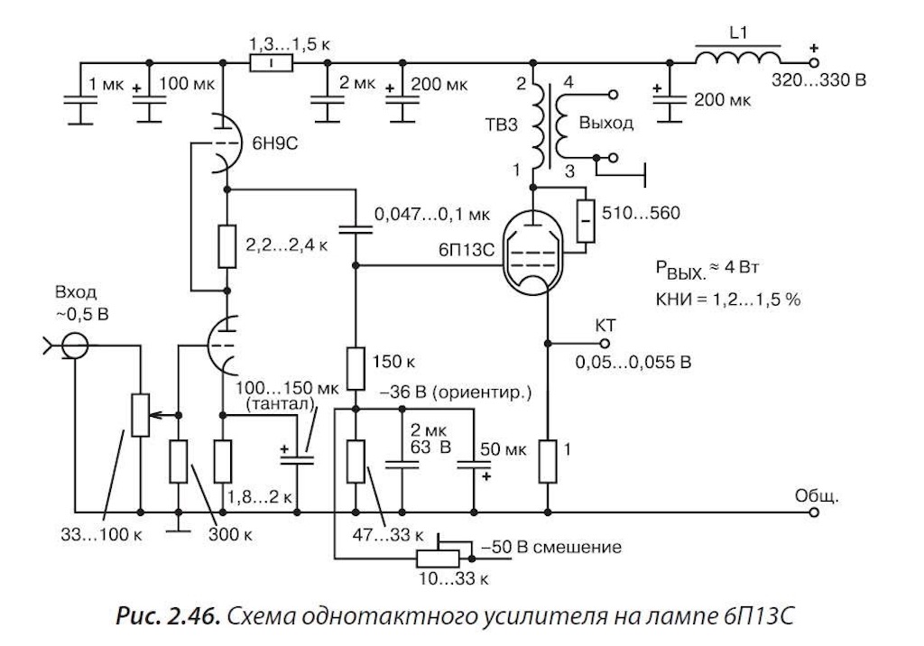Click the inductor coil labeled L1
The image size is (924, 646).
click(x=738, y=58)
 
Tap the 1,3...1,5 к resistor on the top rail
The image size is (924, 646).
click(x=271, y=62)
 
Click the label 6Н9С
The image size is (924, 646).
click(x=274, y=143)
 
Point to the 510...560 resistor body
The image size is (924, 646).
click(x=585, y=221)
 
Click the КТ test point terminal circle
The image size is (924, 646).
click(x=604, y=343)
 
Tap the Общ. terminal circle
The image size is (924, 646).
click(x=814, y=512)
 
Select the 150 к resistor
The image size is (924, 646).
click(x=356, y=368)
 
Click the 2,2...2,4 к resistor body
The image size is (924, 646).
click(x=226, y=245)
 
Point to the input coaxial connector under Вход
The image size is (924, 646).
click(x=75, y=346)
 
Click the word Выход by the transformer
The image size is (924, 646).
click(x=606, y=124)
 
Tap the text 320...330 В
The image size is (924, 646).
click(x=819, y=79)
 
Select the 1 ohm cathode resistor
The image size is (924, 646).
click(x=548, y=462)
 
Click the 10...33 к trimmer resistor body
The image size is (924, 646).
click(x=438, y=558)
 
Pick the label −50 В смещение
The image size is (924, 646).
click(x=551, y=547)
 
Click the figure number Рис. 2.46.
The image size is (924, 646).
click(x=168, y=616)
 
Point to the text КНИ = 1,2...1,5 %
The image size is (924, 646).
click(x=728, y=300)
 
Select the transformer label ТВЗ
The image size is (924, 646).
click(x=502, y=125)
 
